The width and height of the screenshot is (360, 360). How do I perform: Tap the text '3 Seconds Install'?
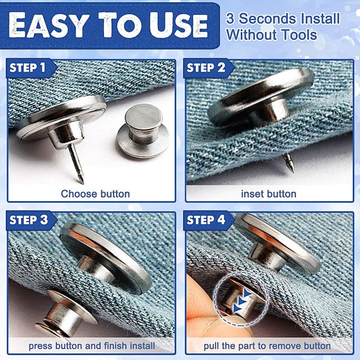[x=283, y=18]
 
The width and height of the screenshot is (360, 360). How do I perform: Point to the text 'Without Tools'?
[x=271, y=36]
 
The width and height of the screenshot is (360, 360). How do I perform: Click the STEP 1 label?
[x=27, y=68]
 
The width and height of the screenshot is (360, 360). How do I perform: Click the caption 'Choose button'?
[x=95, y=194]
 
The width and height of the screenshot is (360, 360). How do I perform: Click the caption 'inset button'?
[x=268, y=194]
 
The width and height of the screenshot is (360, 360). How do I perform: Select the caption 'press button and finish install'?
[x=92, y=346]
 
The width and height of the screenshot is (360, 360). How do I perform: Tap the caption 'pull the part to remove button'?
[x=267, y=346]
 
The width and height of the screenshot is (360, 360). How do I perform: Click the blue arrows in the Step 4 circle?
[x=240, y=299]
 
